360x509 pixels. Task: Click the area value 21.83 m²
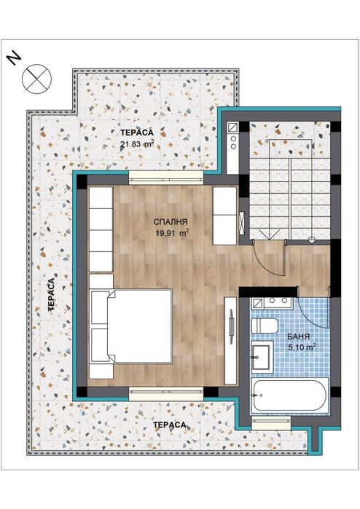coord(137,144)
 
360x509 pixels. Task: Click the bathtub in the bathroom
coord(289,398)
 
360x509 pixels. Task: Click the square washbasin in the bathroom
coord(263,357)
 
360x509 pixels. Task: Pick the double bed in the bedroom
coord(131,325)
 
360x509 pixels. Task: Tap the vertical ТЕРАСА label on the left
coord(52,295)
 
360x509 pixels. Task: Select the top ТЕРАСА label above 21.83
coord(136,133)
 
